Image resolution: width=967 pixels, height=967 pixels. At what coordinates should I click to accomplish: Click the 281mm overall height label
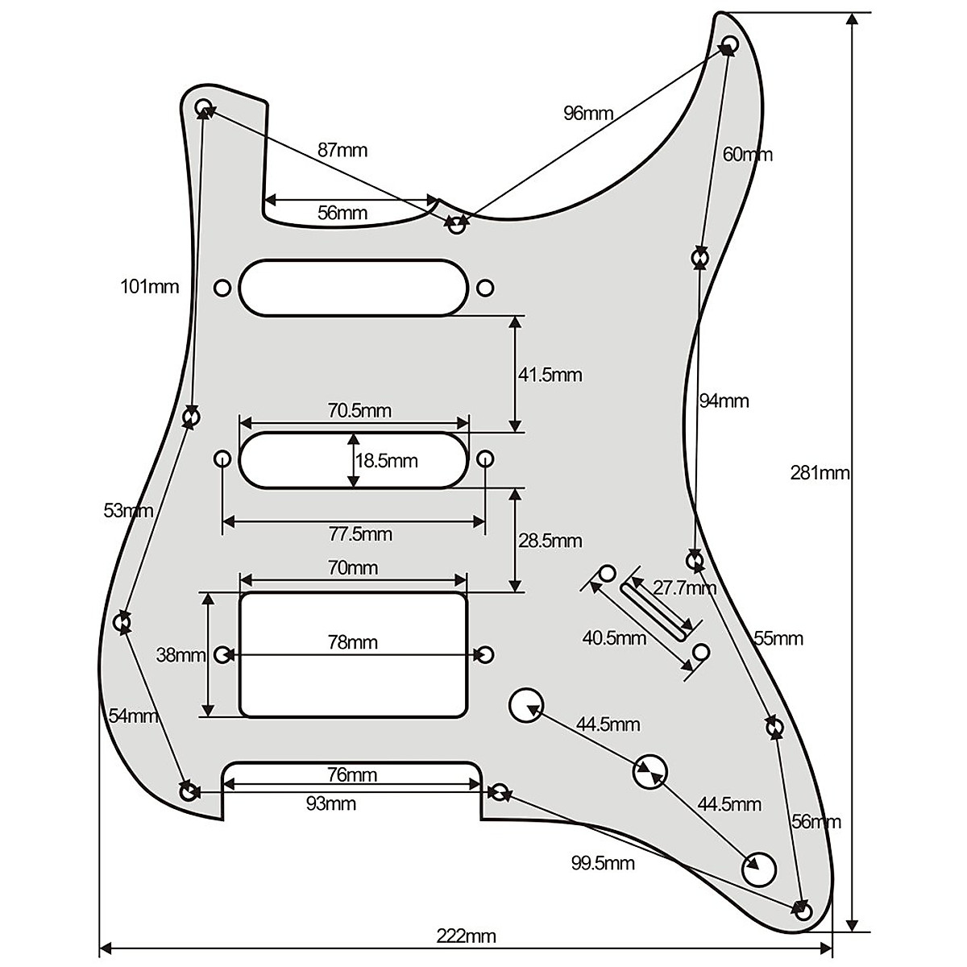820,473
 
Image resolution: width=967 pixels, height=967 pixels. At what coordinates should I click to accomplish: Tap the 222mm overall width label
467,936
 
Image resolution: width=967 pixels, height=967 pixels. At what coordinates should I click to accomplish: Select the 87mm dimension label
342,150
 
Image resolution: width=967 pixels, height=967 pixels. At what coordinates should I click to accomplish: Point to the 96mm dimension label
588,113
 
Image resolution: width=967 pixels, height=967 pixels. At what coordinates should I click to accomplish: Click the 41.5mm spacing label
550,375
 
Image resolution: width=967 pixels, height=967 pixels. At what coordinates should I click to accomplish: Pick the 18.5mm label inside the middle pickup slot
387,461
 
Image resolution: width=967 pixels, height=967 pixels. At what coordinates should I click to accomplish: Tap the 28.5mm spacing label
550,540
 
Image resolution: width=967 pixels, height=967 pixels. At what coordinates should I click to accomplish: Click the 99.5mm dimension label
603,864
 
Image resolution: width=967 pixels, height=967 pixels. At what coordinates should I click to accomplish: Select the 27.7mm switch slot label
684,587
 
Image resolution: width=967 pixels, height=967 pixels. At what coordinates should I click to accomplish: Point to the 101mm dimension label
150,286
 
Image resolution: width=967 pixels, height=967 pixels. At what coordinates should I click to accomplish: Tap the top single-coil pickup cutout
353,288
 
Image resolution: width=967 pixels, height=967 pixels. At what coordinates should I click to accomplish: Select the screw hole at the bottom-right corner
803,911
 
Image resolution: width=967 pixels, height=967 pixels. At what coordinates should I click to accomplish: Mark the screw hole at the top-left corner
204,106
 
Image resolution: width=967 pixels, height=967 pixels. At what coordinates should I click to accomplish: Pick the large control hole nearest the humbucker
525,705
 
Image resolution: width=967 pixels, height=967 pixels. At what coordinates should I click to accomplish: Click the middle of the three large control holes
650,772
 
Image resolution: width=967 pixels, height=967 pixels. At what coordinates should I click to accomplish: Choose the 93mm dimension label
331,803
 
